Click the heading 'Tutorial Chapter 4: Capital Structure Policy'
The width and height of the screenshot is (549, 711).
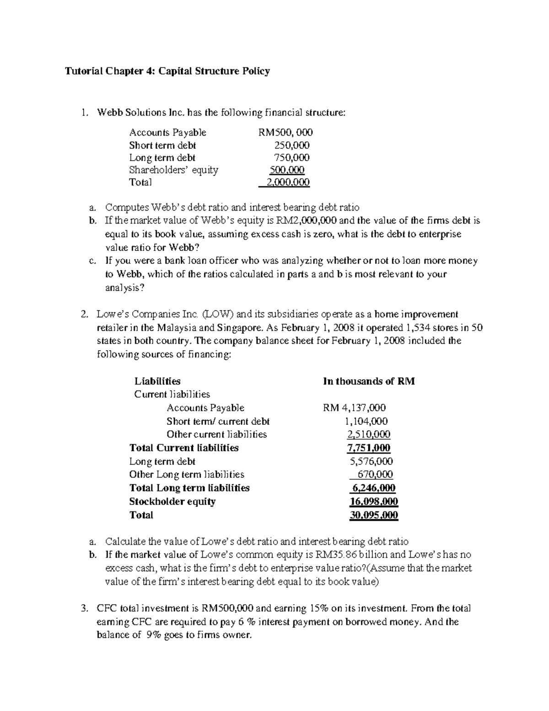pos(167,71)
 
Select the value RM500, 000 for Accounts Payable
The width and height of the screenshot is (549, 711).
pos(285,133)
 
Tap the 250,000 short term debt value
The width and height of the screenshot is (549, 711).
pos(291,146)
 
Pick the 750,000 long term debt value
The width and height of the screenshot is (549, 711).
pos(291,158)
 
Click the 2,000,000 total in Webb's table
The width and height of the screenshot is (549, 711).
pos(288,183)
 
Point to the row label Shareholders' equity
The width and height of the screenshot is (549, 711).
pos(173,170)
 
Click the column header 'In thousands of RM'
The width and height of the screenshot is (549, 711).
pos(369,381)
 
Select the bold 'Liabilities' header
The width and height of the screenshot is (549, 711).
pos(157,381)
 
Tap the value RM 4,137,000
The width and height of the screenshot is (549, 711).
pos(354,408)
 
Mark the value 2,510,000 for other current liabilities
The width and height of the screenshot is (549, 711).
pos(369,434)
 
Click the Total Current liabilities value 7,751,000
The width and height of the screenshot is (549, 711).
pos(369,448)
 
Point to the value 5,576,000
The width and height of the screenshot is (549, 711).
pos(371,461)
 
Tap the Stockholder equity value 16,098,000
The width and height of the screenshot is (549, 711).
pos(374,502)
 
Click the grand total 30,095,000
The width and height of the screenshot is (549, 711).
pos(374,516)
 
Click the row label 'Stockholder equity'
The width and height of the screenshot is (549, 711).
pos(172,502)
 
